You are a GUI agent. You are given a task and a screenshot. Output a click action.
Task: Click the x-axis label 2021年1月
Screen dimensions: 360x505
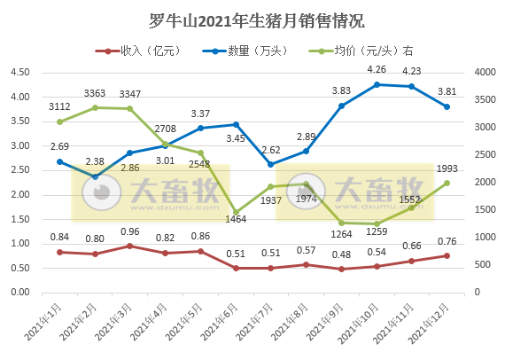44,324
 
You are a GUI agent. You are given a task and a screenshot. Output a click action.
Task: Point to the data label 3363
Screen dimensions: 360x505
95,93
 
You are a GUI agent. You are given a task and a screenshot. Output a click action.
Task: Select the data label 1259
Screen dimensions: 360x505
377,237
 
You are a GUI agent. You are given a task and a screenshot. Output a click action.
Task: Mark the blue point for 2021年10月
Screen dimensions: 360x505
377,84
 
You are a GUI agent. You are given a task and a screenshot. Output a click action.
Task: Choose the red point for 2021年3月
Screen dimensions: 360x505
130,246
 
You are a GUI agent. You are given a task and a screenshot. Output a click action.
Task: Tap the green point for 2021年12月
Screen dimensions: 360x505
447,183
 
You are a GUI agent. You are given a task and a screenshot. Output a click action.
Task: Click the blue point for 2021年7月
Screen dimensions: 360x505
271,164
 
